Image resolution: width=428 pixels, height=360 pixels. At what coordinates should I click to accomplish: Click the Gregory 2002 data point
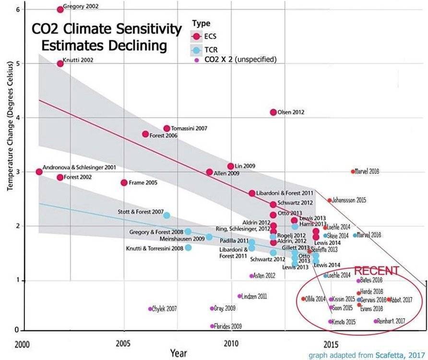pyautogui.click(x=60, y=9)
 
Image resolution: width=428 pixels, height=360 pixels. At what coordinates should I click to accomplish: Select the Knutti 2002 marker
pyautogui.click(x=60, y=63)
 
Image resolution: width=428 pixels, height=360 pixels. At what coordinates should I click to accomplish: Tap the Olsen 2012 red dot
pyautogui.click(x=273, y=112)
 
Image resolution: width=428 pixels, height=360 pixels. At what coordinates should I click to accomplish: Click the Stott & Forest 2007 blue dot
pyautogui.click(x=166, y=215)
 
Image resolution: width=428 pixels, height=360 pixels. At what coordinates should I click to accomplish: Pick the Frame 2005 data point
pyautogui.click(x=124, y=182)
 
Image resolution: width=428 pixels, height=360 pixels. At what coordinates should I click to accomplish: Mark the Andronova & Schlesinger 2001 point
pyautogui.click(x=39, y=172)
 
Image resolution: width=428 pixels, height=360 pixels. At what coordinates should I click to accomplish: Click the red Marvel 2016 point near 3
pyautogui.click(x=353, y=171)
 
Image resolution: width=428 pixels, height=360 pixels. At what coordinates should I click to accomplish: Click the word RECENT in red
pyautogui.click(x=377, y=270)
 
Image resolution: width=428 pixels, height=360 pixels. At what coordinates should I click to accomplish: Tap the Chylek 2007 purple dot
pyautogui.click(x=150, y=309)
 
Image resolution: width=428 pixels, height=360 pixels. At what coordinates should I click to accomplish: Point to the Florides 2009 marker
pyautogui.click(x=212, y=326)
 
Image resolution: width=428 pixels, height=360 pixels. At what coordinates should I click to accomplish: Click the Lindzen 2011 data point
pyautogui.click(x=239, y=296)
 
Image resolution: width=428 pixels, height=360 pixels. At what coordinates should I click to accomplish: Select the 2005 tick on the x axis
pyautogui.click(x=123, y=344)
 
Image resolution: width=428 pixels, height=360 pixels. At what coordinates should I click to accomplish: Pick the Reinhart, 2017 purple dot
pyautogui.click(x=376, y=321)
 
